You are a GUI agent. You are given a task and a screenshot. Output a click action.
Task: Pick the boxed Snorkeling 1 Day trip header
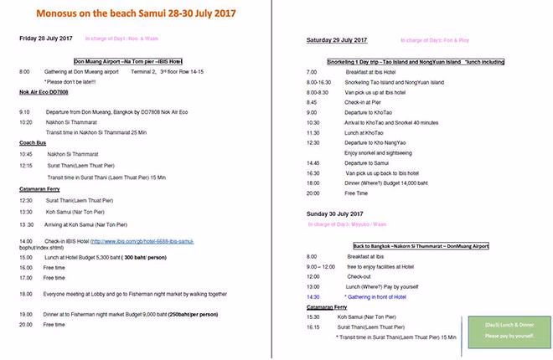click(x=397, y=62)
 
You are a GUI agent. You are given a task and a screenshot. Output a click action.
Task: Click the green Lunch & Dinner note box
click(x=509, y=329)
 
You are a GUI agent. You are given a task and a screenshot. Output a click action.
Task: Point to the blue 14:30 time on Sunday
click(x=314, y=296)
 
